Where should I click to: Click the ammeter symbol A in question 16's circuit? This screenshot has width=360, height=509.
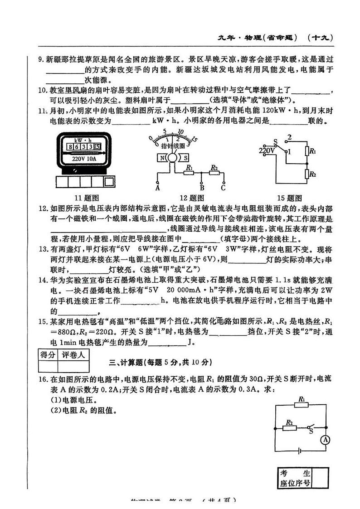[x=324, y=439]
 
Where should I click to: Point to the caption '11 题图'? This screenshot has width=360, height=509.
[x=86, y=198]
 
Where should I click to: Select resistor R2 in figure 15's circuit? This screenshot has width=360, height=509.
[x=307, y=174]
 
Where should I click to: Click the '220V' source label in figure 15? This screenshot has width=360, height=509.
[x=266, y=150]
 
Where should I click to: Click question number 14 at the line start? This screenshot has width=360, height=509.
[x=43, y=280]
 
